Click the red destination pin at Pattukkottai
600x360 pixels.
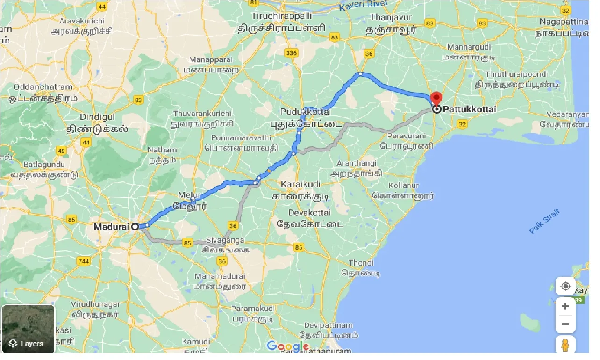click(x=436, y=99)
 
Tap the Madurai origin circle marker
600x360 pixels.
click(x=135, y=226)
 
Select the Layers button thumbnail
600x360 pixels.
click(x=29, y=329)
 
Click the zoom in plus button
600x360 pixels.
click(x=565, y=306)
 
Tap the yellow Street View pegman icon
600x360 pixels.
click(x=565, y=346)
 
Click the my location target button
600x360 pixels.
click(x=565, y=286)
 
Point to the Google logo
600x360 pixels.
click(x=288, y=346)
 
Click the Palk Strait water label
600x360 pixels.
click(x=544, y=222)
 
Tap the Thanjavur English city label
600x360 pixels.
click(x=391, y=17)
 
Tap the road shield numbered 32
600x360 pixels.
click(x=462, y=124)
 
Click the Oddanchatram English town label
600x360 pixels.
click(x=43, y=87)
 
